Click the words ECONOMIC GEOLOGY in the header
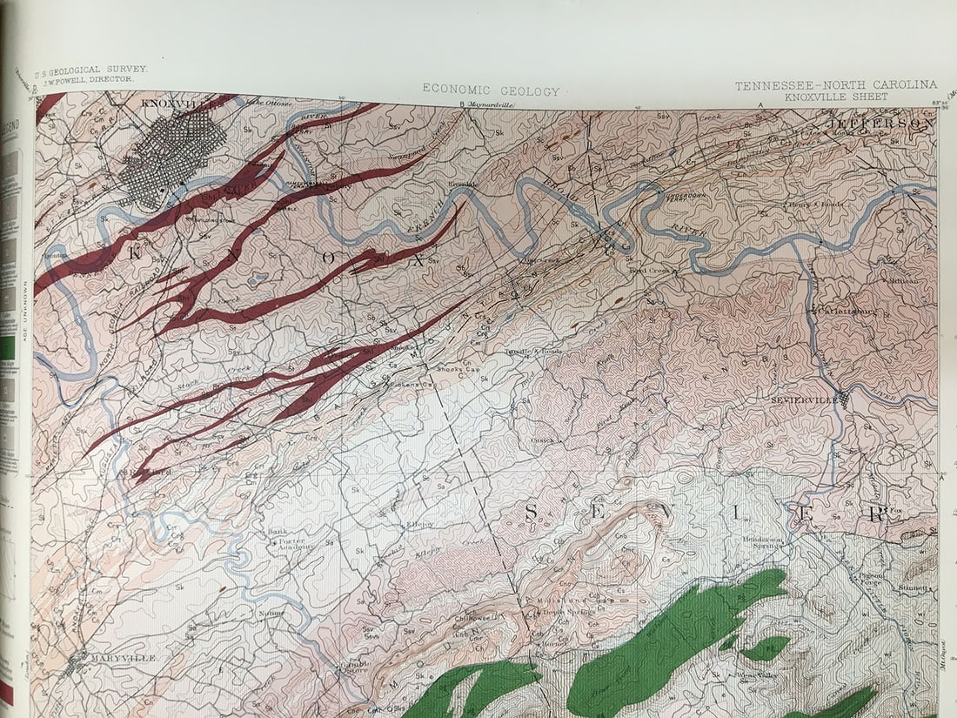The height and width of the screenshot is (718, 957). point(492,91)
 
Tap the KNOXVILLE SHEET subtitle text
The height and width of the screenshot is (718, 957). point(836,97)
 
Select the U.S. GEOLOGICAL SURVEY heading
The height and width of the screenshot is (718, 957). point(90,69)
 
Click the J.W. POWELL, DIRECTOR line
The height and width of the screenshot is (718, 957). point(97,78)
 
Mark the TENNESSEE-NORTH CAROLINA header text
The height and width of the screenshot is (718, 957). point(836,84)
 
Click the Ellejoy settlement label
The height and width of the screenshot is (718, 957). point(419,524)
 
